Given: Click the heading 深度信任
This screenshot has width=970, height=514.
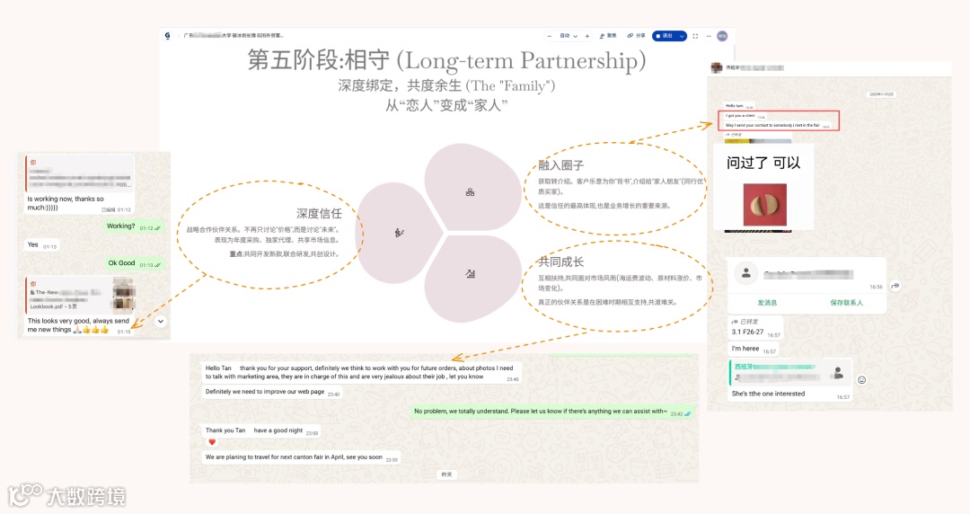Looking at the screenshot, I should pyautogui.click(x=318, y=214).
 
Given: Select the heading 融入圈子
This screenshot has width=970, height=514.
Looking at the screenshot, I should pyautogui.click(x=560, y=165).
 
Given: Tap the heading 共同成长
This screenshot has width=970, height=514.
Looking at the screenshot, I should pyautogui.click(x=560, y=261).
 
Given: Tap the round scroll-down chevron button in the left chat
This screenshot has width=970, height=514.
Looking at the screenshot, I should pyautogui.click(x=161, y=321).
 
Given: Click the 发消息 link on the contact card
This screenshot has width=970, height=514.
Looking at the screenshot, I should pyautogui.click(x=767, y=303).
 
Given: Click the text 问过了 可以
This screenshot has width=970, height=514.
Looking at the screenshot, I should pyautogui.click(x=763, y=163).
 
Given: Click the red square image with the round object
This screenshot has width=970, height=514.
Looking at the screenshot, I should pyautogui.click(x=764, y=205).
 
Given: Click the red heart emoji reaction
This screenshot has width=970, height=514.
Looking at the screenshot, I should pyautogui.click(x=212, y=442).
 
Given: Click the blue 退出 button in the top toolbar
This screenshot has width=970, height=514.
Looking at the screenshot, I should pyautogui.click(x=669, y=36).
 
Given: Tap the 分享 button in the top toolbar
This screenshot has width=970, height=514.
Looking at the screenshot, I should pyautogui.click(x=636, y=36).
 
